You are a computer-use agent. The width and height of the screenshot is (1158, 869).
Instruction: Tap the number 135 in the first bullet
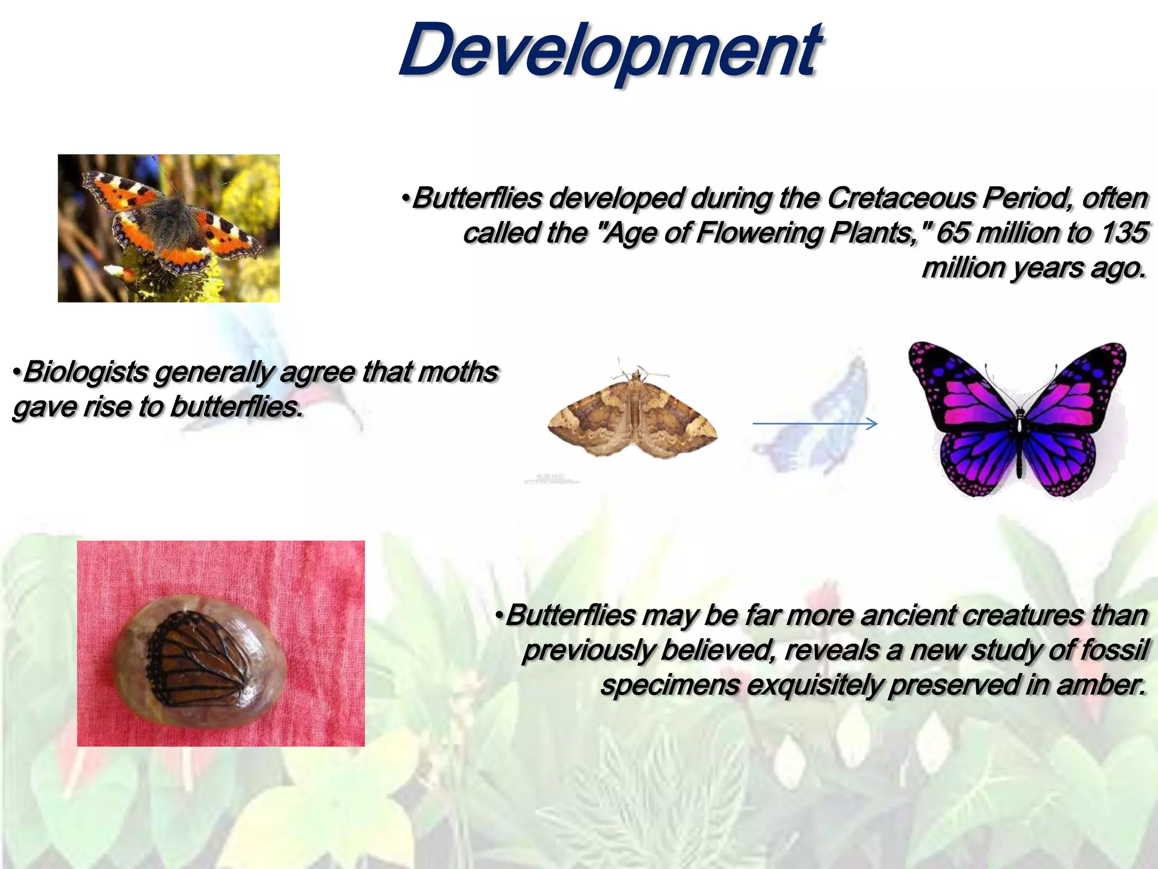[x=1125, y=233]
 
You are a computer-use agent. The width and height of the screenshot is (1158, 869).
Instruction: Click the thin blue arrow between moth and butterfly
[x=814, y=424]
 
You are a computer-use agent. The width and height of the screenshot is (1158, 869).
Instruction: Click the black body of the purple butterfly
[x=1019, y=441]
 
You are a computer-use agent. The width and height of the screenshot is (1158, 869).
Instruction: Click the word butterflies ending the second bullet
[x=235, y=407]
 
